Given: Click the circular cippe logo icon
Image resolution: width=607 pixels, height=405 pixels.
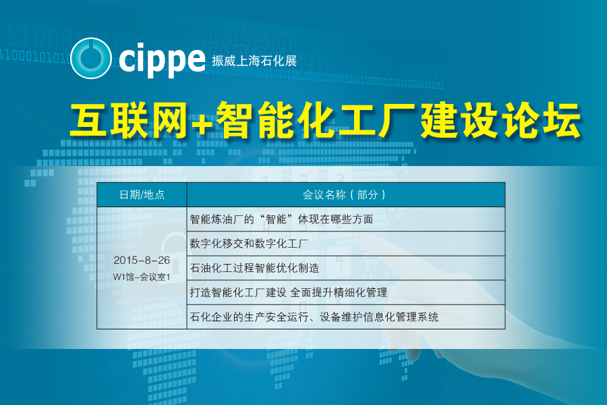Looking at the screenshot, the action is (x=91, y=58).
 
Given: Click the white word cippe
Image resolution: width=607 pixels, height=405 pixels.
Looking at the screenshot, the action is (x=162, y=59).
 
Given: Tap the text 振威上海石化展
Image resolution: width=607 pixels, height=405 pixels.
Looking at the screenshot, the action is (x=254, y=61).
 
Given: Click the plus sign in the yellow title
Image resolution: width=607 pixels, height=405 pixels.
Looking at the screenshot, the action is (x=202, y=122).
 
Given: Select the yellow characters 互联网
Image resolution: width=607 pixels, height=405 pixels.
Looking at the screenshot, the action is (x=129, y=120).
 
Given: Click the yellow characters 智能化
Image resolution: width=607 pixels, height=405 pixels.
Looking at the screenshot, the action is (x=275, y=120).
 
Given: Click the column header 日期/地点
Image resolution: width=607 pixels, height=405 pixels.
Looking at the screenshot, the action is (x=142, y=194).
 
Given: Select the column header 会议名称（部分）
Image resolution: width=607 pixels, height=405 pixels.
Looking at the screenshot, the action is (x=344, y=194).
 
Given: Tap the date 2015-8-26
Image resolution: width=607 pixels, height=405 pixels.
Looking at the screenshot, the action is (x=142, y=260).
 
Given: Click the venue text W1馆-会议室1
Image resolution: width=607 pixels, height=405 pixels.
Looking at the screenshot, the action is (x=142, y=277).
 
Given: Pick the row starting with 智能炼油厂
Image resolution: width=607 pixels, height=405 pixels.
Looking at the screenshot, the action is (x=281, y=219).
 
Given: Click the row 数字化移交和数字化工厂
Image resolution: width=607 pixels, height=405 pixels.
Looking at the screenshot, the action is (x=249, y=244).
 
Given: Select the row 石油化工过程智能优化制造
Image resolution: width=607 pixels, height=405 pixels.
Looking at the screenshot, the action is (x=254, y=268).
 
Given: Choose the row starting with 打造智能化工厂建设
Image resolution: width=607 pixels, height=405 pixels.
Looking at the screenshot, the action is (x=289, y=292).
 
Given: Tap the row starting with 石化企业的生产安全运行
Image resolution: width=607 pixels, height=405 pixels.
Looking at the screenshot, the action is (x=314, y=317).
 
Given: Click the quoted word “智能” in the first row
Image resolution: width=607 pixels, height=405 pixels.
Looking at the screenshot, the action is (x=276, y=219).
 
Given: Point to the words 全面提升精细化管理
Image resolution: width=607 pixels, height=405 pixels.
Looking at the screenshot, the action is (x=339, y=292).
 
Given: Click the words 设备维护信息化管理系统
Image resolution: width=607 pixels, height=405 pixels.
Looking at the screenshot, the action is (x=379, y=317).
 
